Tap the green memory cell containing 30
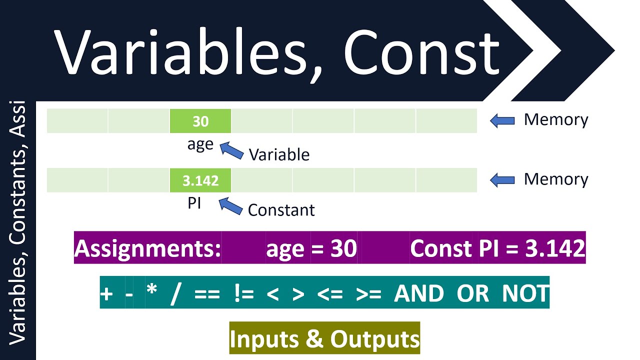[x=200, y=121]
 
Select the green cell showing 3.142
[x=200, y=180]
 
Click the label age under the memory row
[x=200, y=144]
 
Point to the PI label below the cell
[x=194, y=204]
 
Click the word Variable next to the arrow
[x=279, y=154]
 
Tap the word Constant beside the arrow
[x=281, y=210]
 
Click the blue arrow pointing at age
[x=231, y=149]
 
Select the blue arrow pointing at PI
[x=230, y=205]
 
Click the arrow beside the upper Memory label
[x=502, y=120]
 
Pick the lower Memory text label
[x=556, y=179]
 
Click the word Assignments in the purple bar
[x=148, y=248]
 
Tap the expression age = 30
[x=311, y=248]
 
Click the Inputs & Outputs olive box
[x=324, y=339]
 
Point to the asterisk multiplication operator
[x=152, y=292]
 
